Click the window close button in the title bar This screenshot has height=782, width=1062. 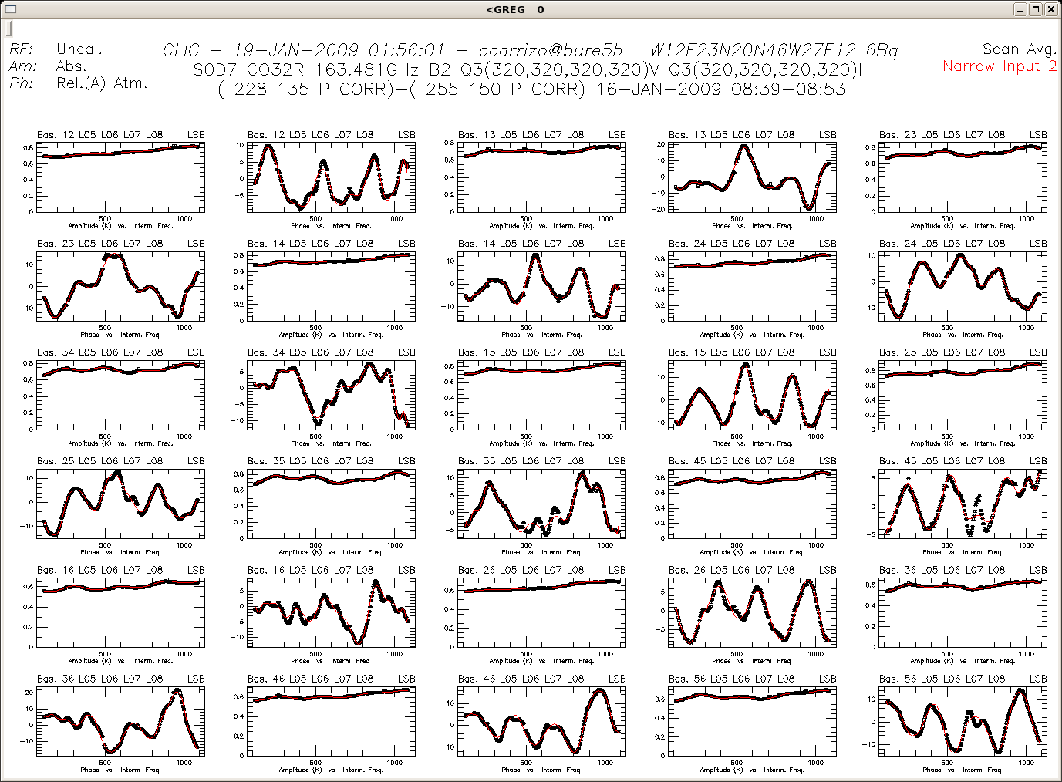point(1050,9)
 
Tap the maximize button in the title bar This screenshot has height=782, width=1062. point(1036,9)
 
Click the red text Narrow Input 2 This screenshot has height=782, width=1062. point(1000,66)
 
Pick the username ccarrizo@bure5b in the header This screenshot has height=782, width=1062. point(550,50)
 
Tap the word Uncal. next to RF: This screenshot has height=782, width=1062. point(79,49)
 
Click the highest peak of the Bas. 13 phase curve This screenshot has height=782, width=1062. point(743,146)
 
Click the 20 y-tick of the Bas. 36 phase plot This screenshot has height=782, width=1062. point(29,693)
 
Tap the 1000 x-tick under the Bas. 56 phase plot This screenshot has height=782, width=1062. point(1027,763)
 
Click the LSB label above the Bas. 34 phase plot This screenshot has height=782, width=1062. point(406,352)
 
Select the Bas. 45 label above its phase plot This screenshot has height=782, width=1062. point(898,461)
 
